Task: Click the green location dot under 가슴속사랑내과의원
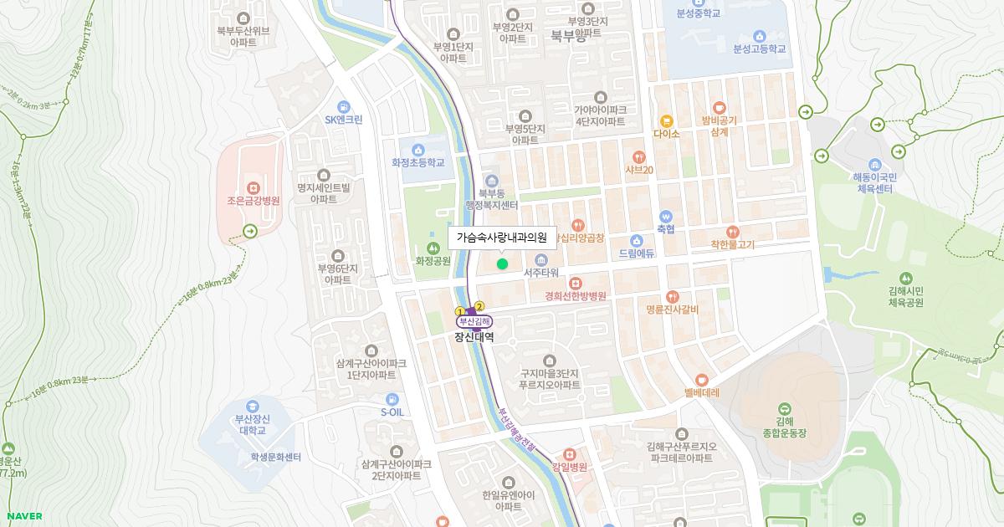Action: (x=502, y=264)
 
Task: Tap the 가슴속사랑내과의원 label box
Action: (x=502, y=238)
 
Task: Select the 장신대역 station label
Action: (x=474, y=338)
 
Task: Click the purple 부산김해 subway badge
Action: (x=474, y=321)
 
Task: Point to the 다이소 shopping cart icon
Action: (x=667, y=121)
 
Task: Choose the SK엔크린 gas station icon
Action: (x=343, y=106)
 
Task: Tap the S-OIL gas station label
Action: (x=392, y=412)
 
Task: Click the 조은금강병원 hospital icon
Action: (x=254, y=187)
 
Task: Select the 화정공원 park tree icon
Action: (x=433, y=247)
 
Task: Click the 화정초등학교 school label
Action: (x=417, y=163)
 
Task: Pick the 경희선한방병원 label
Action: (x=575, y=296)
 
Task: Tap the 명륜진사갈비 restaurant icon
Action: (x=673, y=296)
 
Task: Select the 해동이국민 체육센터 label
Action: (x=875, y=183)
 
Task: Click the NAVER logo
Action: (x=24, y=516)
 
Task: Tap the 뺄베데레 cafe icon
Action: (x=701, y=379)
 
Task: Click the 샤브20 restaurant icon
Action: (x=639, y=156)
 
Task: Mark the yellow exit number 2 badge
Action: (x=479, y=306)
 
